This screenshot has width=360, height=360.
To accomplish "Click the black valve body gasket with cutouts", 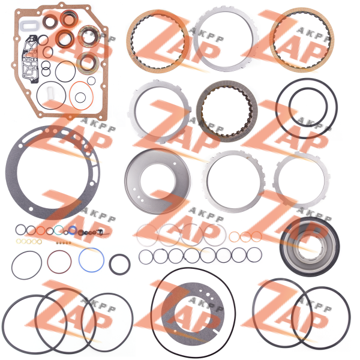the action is pos(29,59).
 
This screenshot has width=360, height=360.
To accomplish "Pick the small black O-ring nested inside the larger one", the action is pos(290,107).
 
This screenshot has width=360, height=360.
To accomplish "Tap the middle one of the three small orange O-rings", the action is pos(245,237).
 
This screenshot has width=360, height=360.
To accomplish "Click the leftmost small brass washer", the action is pos(18,241).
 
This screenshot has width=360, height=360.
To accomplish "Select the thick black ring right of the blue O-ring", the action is pos(110,265).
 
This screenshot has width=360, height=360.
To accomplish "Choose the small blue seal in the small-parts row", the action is pos(72,230).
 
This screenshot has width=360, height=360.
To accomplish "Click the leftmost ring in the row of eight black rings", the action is pos(139,257).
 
